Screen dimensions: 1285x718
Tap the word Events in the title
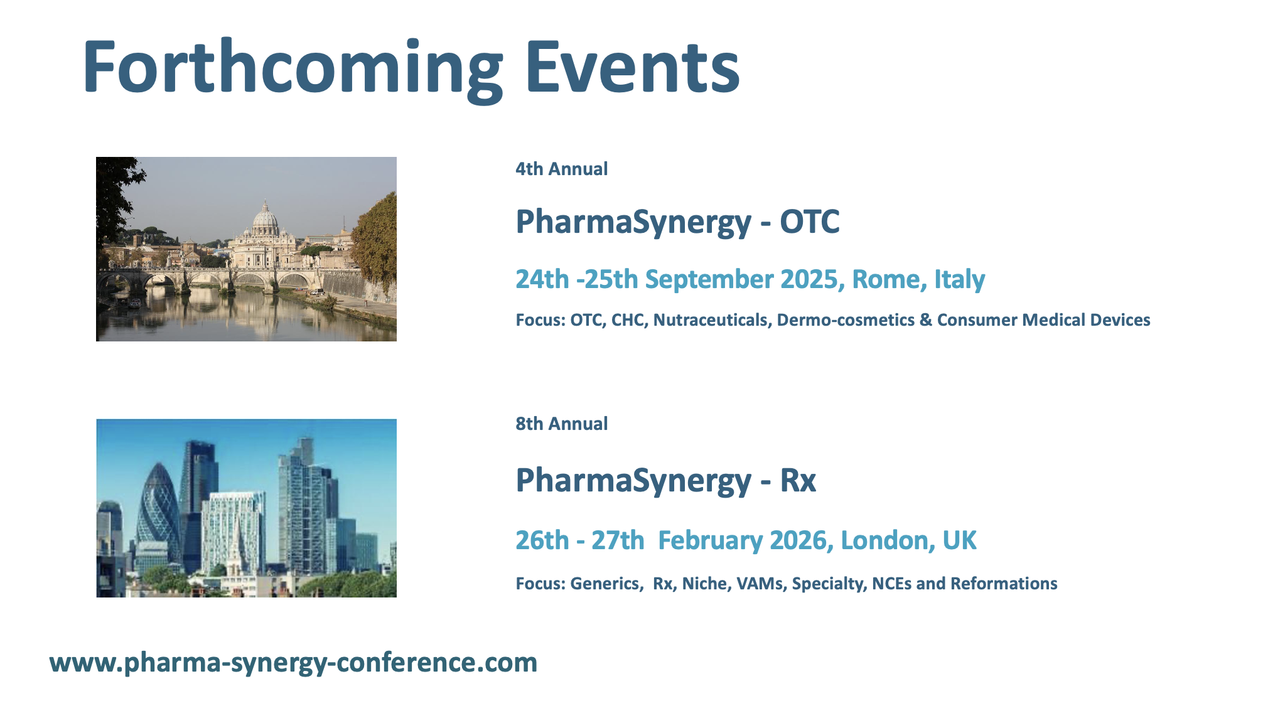coord(632,66)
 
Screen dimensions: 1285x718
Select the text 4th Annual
coord(562,169)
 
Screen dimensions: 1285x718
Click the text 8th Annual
coord(562,424)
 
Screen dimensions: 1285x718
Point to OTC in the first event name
coord(810,222)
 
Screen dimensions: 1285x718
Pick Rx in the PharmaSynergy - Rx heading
coord(798,481)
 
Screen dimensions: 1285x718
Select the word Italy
coord(960,280)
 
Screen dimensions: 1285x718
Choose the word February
coord(710,541)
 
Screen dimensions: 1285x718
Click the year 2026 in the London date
coord(800,540)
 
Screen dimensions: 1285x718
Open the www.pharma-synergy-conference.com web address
coord(293,663)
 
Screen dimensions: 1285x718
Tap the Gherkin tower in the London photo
coord(158,508)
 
